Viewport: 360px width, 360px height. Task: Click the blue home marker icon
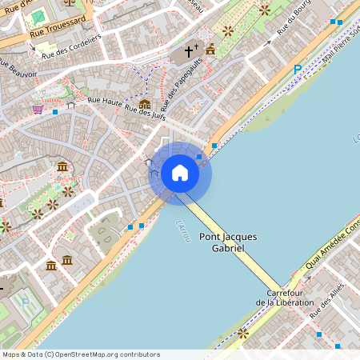(x=180, y=173)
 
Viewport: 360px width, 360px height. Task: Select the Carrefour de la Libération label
(x=282, y=298)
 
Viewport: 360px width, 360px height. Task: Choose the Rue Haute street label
(x=105, y=101)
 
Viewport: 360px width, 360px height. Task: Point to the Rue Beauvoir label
(x=18, y=69)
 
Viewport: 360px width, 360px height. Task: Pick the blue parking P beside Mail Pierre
(x=298, y=70)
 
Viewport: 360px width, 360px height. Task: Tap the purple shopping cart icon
(x=38, y=109)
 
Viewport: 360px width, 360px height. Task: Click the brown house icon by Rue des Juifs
(x=145, y=104)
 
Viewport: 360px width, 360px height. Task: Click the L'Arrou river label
(x=183, y=231)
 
